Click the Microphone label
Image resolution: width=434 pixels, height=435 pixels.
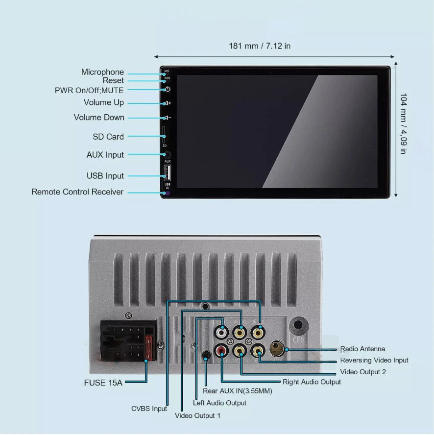(102, 72)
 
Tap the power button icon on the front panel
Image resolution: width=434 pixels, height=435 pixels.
(168, 89)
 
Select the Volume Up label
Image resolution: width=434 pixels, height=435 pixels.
(104, 102)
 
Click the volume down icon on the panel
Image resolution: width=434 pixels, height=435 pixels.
(168, 118)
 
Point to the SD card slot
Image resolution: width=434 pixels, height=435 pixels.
(164, 134)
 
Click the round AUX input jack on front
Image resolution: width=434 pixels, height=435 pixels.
(168, 155)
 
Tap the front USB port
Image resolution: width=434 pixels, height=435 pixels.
(167, 172)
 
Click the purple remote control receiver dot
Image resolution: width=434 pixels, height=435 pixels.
(167, 193)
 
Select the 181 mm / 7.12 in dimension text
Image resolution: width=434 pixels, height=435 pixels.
(260, 46)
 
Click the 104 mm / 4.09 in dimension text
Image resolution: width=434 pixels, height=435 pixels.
(403, 123)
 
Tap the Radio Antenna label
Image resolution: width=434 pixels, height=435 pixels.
(362, 349)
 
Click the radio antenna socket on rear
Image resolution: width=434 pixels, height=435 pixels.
(277, 349)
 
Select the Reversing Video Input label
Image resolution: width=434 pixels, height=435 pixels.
(374, 361)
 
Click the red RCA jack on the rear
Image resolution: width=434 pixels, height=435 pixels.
(222, 351)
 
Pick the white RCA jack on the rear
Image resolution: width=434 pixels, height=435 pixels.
(222, 333)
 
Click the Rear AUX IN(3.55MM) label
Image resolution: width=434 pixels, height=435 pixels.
(238, 391)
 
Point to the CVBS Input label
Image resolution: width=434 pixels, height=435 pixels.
(149, 409)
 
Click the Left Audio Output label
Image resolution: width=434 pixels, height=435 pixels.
(219, 403)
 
